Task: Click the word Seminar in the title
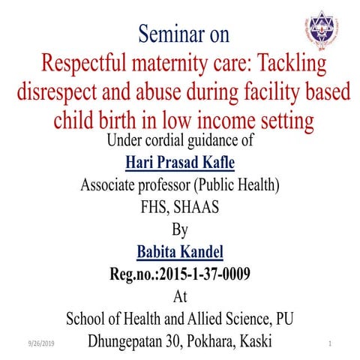(175, 34)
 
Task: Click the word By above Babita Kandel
(180, 228)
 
